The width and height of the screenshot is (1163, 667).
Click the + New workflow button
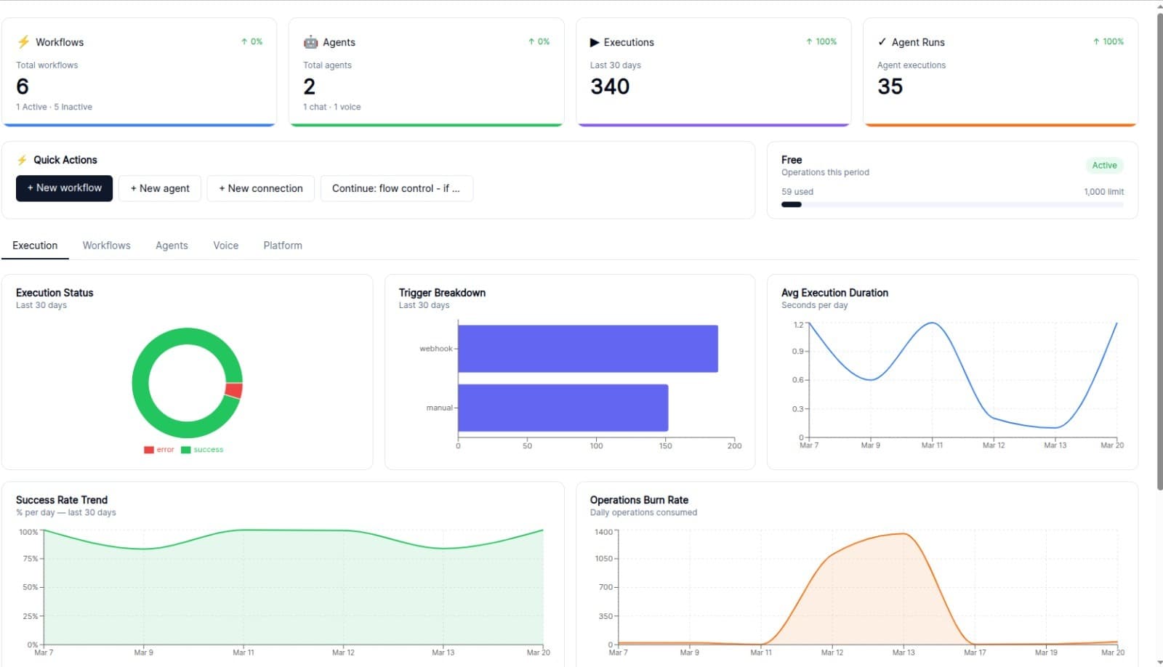point(64,188)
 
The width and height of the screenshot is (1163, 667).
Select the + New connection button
point(260,188)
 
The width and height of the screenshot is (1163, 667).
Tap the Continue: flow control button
point(396,188)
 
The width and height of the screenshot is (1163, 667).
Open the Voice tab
point(225,246)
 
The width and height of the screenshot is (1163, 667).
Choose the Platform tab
point(283,246)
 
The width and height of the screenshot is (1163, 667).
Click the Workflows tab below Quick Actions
point(106,246)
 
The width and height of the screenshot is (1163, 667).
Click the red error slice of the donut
point(234,390)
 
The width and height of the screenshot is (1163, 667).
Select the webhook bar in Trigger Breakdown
point(587,349)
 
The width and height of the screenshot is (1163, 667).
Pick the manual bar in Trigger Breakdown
point(563,408)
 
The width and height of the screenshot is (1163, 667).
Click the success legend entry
point(203,450)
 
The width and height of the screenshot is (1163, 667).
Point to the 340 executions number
point(610,86)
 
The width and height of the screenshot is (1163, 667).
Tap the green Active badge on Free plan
point(1103,166)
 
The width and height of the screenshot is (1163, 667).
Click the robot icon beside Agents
point(310,42)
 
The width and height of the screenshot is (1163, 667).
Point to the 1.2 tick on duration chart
point(798,325)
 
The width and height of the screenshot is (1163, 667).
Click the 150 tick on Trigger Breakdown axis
point(665,446)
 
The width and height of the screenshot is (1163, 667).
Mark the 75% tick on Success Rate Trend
point(30,559)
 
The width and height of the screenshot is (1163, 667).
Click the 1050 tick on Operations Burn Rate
point(604,559)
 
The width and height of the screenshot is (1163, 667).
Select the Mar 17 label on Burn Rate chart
point(975,652)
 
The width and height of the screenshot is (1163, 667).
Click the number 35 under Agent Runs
point(890,86)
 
